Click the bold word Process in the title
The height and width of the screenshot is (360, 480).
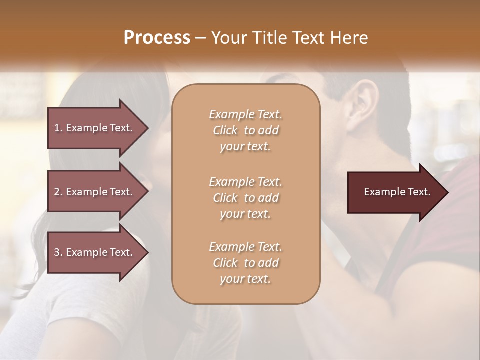point(157,38)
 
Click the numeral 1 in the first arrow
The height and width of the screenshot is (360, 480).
point(57,128)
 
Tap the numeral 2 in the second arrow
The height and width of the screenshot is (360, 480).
point(57,192)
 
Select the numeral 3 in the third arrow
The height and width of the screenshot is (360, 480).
point(57,252)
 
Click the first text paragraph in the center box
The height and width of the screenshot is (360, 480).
point(245,130)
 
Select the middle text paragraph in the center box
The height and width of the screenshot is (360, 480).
point(245,197)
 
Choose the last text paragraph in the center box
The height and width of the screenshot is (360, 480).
point(245,263)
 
